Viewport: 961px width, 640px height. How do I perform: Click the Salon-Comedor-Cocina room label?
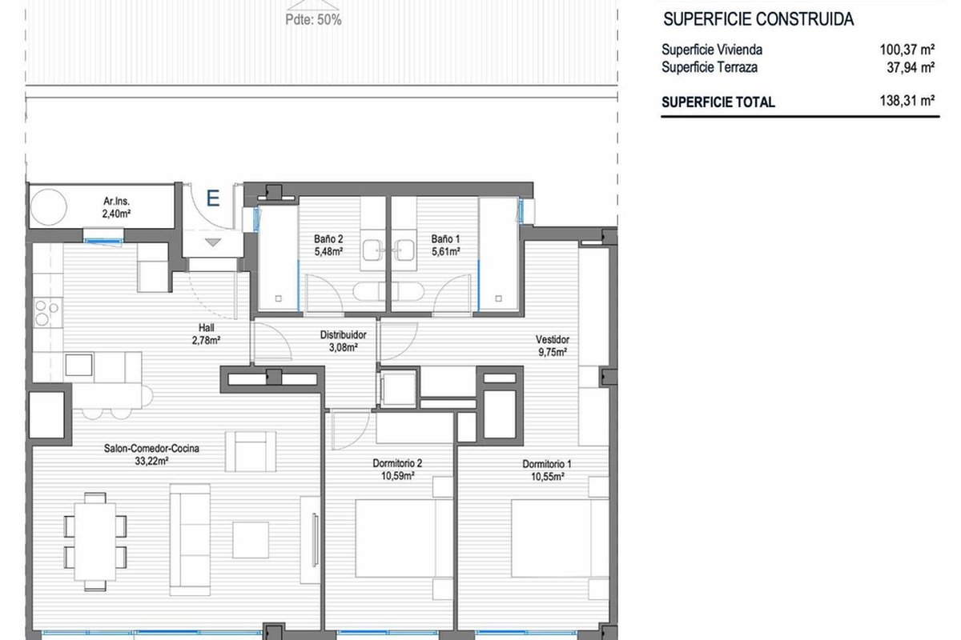[151, 448]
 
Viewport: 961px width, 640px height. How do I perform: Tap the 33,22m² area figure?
[151, 462]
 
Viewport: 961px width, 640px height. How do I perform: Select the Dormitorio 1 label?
[547, 464]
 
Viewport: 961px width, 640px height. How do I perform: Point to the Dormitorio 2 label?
[397, 463]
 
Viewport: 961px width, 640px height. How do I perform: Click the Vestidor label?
[553, 339]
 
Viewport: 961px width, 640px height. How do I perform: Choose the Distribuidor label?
[344, 334]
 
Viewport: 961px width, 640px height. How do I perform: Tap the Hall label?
[207, 328]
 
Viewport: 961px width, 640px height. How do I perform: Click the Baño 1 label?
[446, 239]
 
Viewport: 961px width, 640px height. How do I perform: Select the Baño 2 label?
[328, 239]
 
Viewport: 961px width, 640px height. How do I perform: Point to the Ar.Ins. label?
[116, 201]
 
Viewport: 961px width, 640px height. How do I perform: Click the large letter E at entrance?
[213, 198]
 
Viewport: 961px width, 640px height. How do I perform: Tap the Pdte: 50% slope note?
[313, 20]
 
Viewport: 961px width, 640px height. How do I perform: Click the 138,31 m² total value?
[907, 101]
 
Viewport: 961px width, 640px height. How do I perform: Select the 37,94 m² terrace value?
[911, 67]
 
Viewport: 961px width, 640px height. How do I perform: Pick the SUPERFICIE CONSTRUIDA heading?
[758, 19]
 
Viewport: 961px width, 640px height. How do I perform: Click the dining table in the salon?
[95, 542]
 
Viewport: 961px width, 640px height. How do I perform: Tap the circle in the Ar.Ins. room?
[49, 207]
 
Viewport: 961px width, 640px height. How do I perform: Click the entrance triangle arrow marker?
[213, 242]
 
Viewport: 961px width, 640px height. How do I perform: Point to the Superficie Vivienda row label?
[712, 50]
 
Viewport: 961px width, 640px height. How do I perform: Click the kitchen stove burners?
[46, 313]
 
